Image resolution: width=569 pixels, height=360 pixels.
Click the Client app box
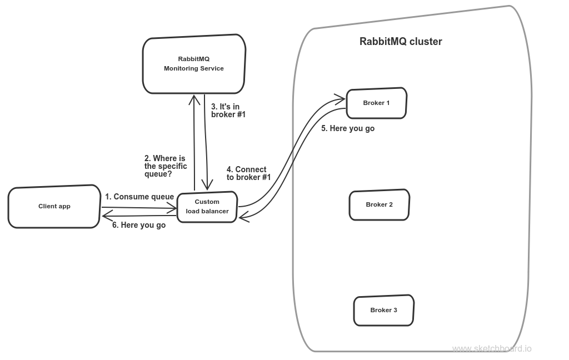(54, 207)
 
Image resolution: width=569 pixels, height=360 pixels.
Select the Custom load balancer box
(207, 206)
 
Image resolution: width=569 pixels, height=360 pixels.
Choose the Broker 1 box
(376, 103)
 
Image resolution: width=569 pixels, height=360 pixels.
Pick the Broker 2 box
(379, 204)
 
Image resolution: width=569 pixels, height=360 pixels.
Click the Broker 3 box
(383, 310)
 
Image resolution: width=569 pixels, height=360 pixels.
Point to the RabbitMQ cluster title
(401, 42)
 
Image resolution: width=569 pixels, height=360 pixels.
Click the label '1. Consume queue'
(139, 197)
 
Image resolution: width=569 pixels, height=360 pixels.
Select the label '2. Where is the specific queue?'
(166, 166)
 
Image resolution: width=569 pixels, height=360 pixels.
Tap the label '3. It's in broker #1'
(228, 110)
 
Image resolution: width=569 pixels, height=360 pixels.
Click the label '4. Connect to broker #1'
(248, 173)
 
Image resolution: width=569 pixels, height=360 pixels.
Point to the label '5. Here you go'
(348, 128)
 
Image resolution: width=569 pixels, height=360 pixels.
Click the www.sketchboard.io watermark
(491, 349)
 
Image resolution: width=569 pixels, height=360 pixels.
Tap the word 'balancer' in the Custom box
(214, 211)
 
